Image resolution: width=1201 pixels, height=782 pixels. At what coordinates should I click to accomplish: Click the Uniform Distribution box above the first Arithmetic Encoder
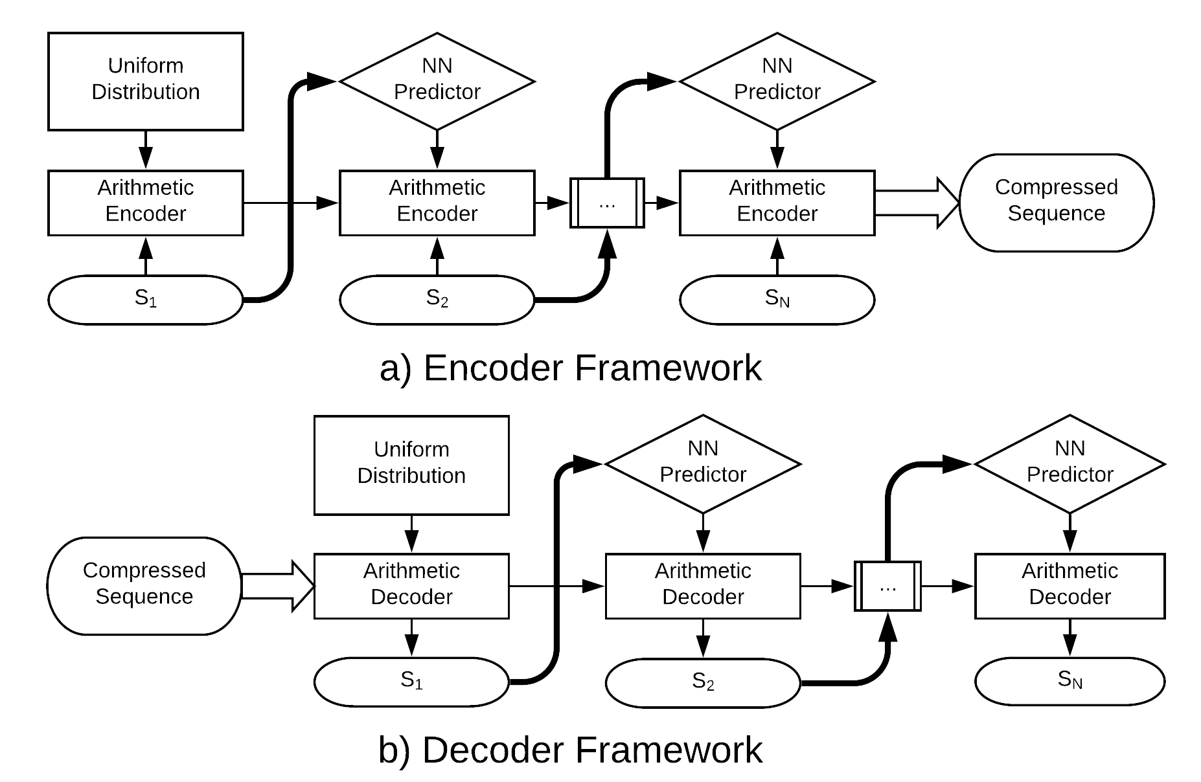coord(146,82)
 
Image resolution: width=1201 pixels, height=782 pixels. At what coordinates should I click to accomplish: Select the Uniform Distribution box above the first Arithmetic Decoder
coord(411,465)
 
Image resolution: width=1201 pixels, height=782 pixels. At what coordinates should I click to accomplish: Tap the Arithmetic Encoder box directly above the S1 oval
coord(146,203)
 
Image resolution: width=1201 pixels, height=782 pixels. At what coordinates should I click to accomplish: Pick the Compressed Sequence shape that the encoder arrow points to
coord(1056,203)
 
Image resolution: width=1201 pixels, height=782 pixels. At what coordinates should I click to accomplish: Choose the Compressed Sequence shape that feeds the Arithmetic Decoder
coord(144,586)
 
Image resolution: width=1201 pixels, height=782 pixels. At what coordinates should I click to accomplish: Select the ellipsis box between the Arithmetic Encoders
coord(607,203)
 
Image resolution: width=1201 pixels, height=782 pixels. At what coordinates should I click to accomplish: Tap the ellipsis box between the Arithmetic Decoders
coord(888,586)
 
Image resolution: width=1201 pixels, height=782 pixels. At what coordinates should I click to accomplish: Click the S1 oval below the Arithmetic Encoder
coord(146,300)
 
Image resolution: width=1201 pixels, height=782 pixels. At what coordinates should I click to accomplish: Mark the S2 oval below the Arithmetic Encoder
coord(437,300)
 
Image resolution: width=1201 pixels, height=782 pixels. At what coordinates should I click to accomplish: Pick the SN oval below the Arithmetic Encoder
coord(777,300)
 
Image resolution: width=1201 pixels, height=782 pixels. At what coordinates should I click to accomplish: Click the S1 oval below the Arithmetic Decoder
coord(411,682)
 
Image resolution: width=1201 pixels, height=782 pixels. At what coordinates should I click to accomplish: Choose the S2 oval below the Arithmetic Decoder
coord(703,683)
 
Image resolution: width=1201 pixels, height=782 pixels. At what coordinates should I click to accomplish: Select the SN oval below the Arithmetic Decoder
coord(1070,681)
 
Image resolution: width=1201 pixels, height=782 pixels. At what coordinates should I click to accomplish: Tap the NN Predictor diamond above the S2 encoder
coord(437,82)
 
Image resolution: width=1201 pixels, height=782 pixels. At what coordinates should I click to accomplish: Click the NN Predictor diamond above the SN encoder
coord(777,82)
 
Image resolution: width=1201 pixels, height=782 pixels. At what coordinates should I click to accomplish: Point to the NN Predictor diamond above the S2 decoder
coord(703,464)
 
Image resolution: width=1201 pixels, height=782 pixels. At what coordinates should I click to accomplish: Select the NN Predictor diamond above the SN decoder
coord(1070,464)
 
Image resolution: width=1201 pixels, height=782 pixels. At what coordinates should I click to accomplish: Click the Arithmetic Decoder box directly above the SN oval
coord(1070,586)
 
